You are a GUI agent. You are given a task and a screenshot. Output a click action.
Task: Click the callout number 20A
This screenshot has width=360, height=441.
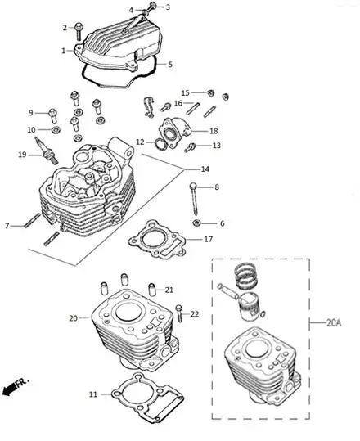point(334,323)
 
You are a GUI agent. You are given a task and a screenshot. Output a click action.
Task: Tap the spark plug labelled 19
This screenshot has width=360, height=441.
point(46,151)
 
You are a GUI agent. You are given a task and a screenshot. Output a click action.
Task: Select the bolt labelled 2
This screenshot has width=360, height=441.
point(79,32)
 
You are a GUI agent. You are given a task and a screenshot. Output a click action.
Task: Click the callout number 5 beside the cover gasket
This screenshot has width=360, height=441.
point(170,65)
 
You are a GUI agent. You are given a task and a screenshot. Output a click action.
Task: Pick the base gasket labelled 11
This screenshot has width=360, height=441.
point(147,396)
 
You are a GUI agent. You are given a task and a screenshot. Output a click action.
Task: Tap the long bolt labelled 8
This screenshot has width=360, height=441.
point(195,199)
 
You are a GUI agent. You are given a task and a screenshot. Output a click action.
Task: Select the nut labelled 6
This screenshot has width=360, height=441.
point(196,223)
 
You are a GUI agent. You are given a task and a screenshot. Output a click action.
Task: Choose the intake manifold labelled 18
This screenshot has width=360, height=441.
point(176,132)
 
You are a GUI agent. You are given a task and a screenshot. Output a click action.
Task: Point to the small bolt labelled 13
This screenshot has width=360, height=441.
point(190,147)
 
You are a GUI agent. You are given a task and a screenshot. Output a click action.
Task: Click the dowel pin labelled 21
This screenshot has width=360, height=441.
point(152,290)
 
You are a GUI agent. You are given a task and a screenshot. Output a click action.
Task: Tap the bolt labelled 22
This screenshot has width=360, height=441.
point(179,313)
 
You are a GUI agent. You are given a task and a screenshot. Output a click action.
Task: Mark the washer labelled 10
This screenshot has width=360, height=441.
point(56,130)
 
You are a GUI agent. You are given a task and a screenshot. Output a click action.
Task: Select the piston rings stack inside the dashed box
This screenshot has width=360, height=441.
point(245,277)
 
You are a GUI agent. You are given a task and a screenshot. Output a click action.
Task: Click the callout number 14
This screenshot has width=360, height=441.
point(205,169)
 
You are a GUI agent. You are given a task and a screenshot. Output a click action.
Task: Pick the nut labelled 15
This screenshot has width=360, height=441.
point(210,92)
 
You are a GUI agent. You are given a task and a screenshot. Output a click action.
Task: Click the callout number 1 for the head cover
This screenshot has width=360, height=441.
point(64,51)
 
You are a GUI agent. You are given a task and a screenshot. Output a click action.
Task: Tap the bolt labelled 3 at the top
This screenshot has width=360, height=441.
point(151,7)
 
